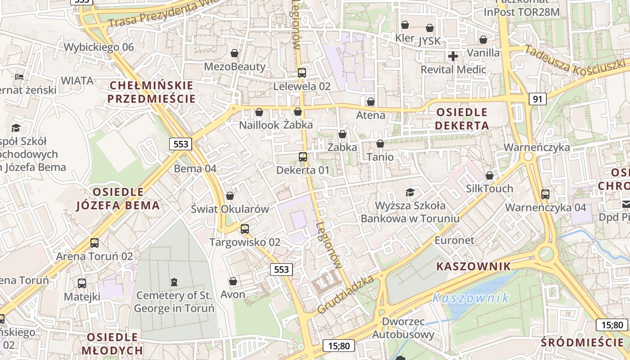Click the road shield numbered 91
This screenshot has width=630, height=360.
click(x=537, y=99)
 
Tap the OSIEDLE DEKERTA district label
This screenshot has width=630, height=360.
click(x=462, y=119)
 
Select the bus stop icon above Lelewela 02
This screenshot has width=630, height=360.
click(x=302, y=72)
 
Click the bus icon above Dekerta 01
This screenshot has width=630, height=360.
click(x=303, y=157)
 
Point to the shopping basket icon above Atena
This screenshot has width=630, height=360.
click(x=371, y=102)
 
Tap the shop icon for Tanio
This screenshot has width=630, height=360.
click(x=380, y=144)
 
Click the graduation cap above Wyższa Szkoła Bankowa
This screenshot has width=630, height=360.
click(x=410, y=193)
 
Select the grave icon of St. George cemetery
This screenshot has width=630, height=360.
click(x=174, y=282)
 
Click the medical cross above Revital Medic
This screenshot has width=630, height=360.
click(x=453, y=56)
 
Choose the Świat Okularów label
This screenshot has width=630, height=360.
click(x=230, y=209)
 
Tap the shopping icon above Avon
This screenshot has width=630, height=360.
click(x=233, y=282)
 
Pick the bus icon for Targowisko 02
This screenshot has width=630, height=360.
click(x=245, y=229)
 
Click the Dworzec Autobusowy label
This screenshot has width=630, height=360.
click(x=403, y=328)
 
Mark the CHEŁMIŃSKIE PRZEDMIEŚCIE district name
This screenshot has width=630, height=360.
click(x=151, y=92)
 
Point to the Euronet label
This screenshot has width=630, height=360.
click(x=454, y=240)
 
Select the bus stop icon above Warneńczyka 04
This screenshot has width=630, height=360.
click(x=545, y=194)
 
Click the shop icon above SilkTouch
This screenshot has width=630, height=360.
click(x=490, y=175)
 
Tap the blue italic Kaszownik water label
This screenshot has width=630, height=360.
click(x=471, y=298)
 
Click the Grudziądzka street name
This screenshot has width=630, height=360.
click(x=346, y=295)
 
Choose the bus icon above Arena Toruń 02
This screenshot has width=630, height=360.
click(x=94, y=243)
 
